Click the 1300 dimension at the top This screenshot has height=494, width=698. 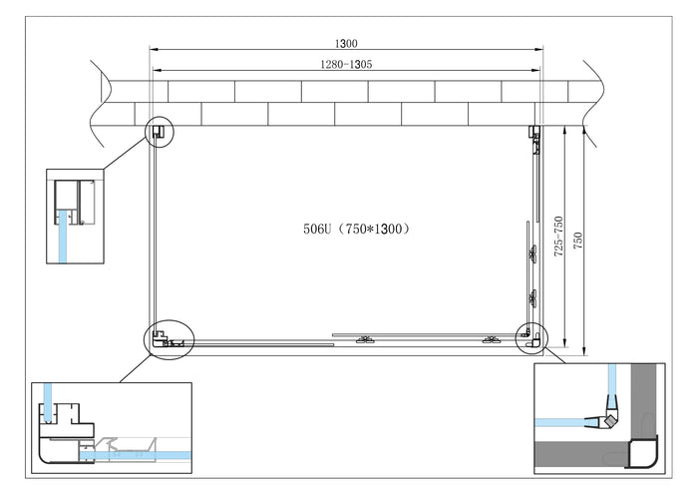click(346, 43)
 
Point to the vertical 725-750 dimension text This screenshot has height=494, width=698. click(559, 234)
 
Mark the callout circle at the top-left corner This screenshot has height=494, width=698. click(160, 132)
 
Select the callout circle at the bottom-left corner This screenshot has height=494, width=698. click(169, 339)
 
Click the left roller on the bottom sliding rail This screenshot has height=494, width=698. click(363, 337)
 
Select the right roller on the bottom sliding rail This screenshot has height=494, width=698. click(490, 339)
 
